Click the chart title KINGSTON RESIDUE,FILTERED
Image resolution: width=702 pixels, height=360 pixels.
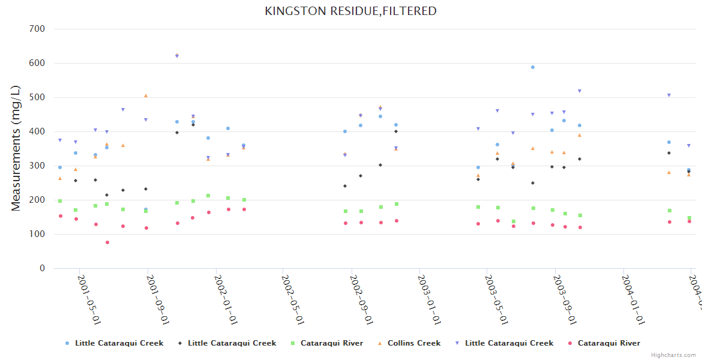[x=350, y=11]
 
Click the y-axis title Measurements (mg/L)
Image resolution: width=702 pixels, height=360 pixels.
[x=16, y=148]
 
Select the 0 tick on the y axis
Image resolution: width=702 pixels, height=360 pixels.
[x=42, y=268]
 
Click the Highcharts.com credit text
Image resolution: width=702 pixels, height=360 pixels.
[x=673, y=355]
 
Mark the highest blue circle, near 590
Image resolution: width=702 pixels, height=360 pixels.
[x=533, y=67]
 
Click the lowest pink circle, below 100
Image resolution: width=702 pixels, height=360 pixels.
[x=107, y=242]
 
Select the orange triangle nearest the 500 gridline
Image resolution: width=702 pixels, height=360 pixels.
[x=146, y=95]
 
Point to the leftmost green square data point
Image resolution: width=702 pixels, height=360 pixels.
[x=60, y=201]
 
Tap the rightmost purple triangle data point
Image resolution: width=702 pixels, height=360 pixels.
[x=689, y=145]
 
